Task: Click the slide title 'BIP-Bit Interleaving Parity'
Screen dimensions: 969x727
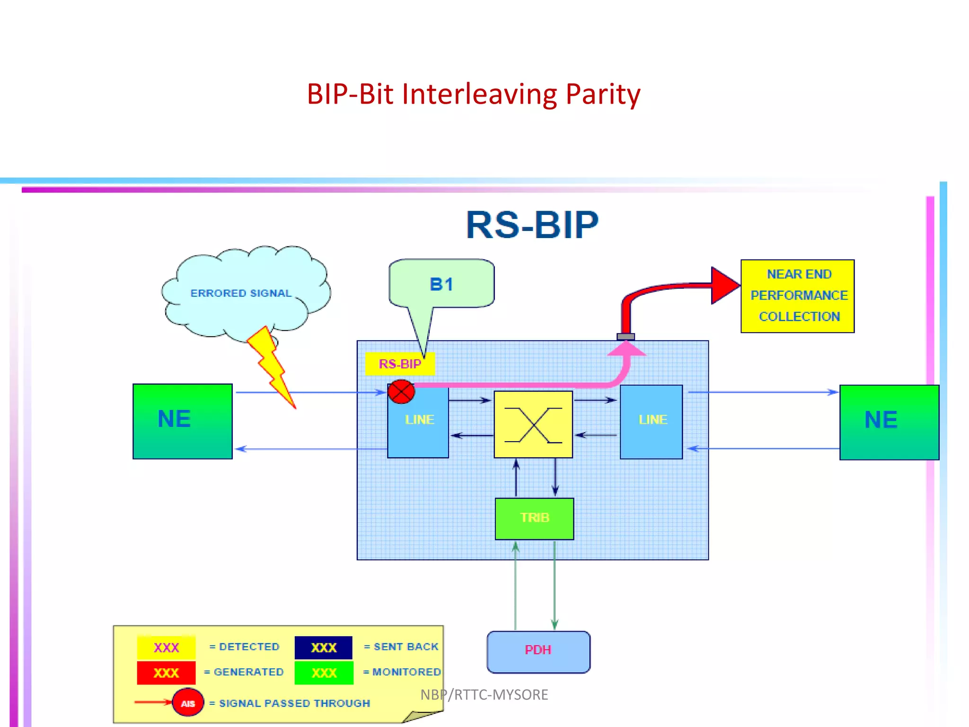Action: (x=474, y=94)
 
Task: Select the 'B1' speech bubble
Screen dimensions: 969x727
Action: (x=441, y=284)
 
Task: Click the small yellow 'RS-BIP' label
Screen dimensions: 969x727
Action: (x=400, y=364)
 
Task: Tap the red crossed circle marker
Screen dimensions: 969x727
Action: (x=401, y=392)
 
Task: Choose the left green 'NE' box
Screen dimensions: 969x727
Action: (x=183, y=421)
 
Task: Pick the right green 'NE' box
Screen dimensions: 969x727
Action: (x=889, y=422)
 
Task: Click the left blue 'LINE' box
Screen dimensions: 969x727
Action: (x=418, y=421)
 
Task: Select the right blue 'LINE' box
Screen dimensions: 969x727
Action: (x=651, y=422)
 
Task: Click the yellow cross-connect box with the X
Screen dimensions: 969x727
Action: (x=533, y=424)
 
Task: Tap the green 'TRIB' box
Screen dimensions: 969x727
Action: (x=534, y=519)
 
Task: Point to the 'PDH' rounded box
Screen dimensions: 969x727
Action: (x=538, y=652)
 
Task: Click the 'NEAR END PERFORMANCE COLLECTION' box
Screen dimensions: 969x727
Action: (x=797, y=296)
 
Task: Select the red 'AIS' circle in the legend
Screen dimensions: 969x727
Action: (x=188, y=702)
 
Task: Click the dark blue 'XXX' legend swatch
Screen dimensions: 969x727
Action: (x=324, y=647)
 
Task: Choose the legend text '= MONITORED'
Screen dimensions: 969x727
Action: (x=402, y=672)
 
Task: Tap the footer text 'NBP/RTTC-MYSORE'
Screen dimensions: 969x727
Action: (x=484, y=694)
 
